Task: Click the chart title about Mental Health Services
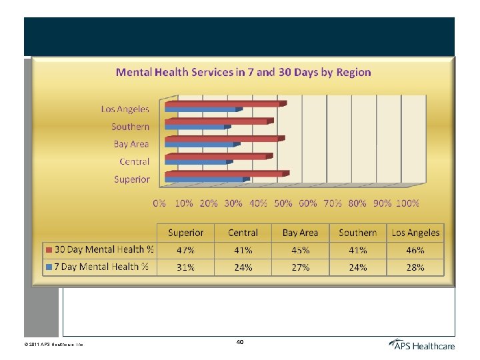click(x=243, y=72)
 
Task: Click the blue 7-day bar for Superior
click(x=205, y=179)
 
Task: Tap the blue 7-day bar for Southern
click(x=195, y=126)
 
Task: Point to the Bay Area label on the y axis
click(x=131, y=144)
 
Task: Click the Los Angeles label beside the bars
click(x=125, y=109)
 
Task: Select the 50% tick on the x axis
click(x=283, y=203)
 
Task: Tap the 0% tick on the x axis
click(x=160, y=203)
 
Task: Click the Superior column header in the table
click(x=186, y=233)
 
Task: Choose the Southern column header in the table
click(x=357, y=233)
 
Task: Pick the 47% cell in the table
click(x=186, y=250)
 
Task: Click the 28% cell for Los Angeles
click(x=415, y=267)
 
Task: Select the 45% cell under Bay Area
click(x=300, y=250)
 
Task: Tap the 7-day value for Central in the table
click(x=243, y=267)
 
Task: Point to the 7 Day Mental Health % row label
click(x=104, y=267)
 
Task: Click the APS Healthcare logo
click(x=421, y=345)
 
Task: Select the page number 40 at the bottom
click(x=240, y=341)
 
